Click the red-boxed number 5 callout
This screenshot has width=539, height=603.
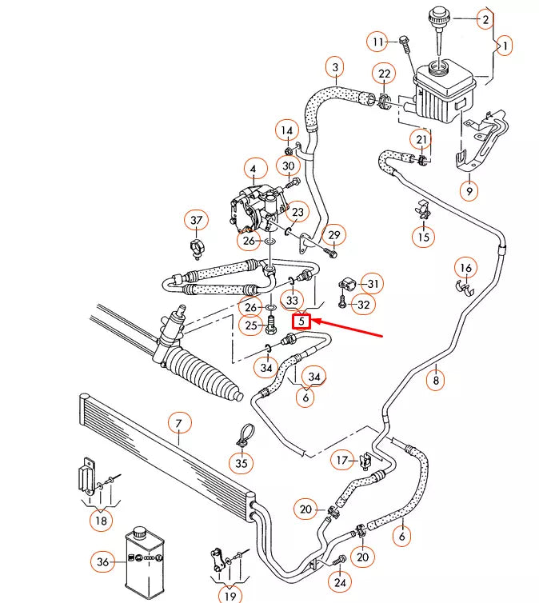click(301, 321)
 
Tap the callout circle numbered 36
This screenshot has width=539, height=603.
click(102, 562)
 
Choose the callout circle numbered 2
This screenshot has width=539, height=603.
click(485, 18)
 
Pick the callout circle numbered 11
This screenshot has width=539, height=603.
click(378, 41)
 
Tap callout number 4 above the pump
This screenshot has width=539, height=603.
click(254, 170)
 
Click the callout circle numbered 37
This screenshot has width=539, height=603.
click(195, 220)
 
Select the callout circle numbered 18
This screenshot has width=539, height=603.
click(100, 521)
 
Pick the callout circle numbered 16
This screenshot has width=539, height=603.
click(465, 267)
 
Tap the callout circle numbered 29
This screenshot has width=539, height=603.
click(334, 234)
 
